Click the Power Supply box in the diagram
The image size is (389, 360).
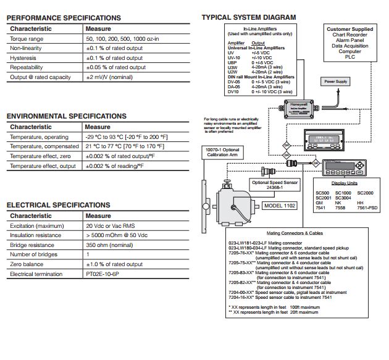pos(336,82)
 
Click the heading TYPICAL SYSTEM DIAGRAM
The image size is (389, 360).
pos(249,17)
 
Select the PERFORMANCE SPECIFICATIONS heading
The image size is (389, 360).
pos(64,18)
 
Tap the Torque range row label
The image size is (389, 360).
pos(27,38)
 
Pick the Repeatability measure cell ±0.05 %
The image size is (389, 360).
pos(115,67)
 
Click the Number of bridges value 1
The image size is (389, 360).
pos(88,254)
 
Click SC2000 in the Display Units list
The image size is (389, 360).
pos(365,193)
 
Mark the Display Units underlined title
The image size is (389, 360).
pos(344,183)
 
